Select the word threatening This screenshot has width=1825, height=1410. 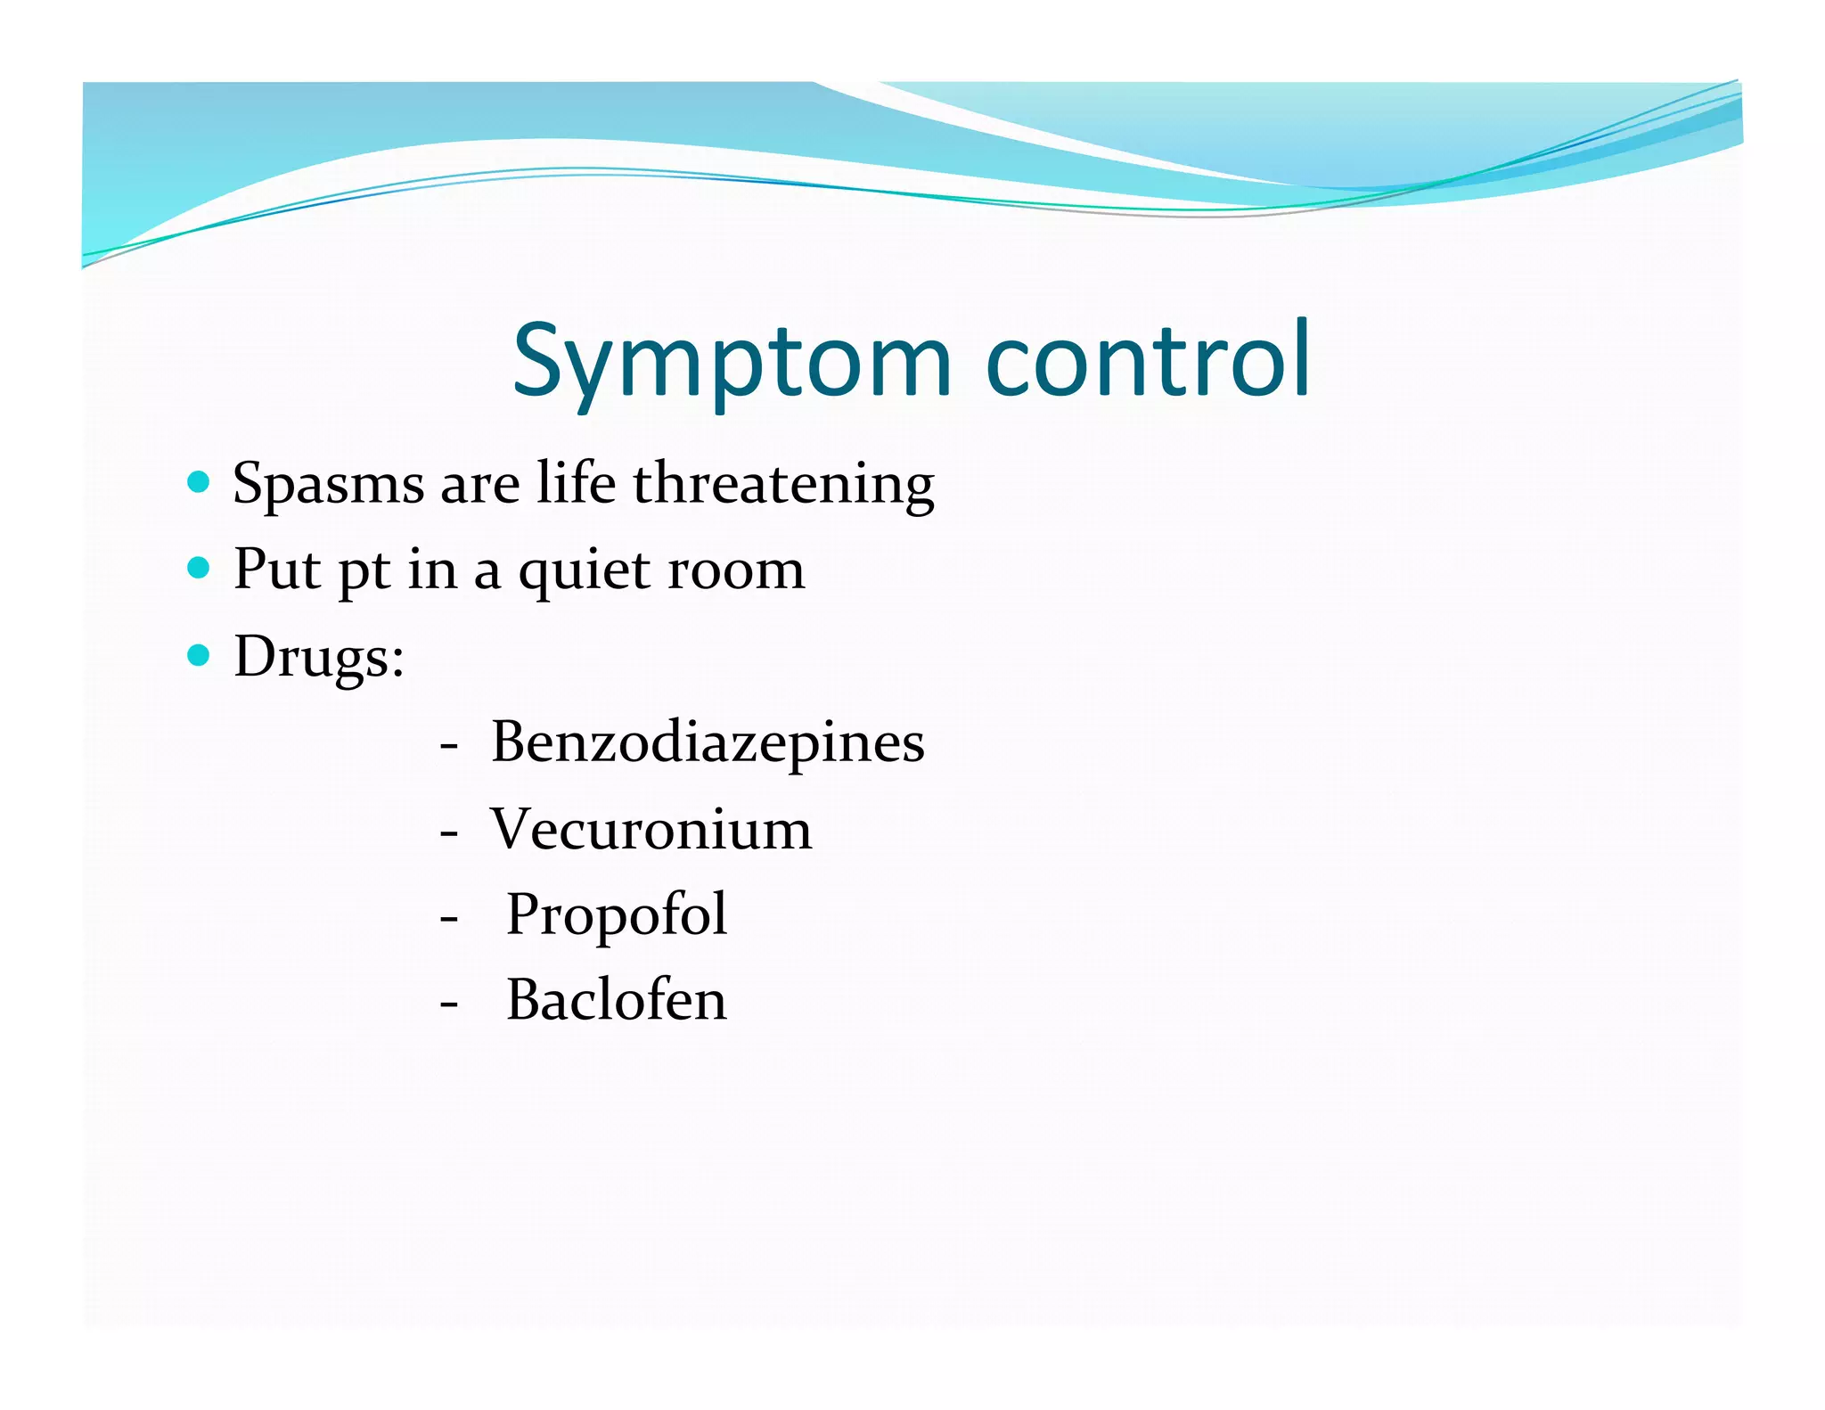tap(783, 484)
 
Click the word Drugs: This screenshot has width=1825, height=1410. tap(319, 657)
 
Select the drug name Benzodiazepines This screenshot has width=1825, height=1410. tap(708, 742)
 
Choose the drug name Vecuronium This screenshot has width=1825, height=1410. tap(651, 829)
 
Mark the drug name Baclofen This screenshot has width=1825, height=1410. tap(617, 1000)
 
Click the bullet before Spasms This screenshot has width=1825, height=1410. tap(199, 483)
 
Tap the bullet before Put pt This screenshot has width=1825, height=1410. tap(199, 569)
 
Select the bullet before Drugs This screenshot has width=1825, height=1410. tap(199, 656)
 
